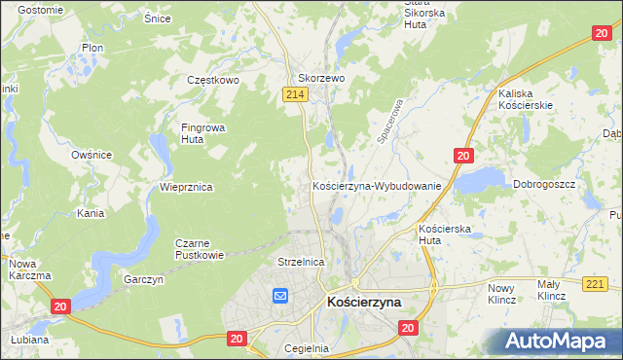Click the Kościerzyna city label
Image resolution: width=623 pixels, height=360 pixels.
[364, 304]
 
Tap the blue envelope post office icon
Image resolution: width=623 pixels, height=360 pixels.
[280, 296]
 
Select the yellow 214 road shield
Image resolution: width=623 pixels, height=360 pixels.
[296, 93]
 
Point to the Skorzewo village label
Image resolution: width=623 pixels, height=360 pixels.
[321, 78]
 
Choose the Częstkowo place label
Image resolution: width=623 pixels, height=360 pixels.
[214, 81]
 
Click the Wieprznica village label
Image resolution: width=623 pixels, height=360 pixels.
[186, 186]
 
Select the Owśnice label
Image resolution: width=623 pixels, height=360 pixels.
[92, 155]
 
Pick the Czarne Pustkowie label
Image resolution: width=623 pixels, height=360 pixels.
[199, 249]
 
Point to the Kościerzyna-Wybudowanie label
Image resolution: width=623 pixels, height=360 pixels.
[377, 185]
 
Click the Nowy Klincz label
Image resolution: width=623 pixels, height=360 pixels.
[501, 294]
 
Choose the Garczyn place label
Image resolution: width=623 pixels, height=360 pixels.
[144, 279]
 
